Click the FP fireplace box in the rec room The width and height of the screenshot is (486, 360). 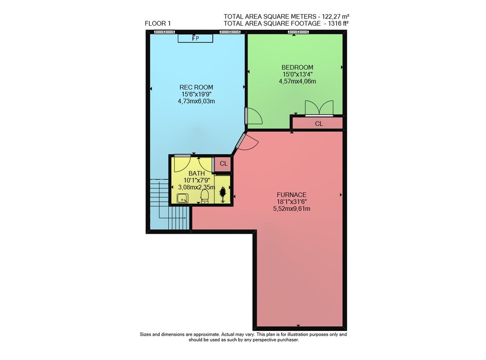click(195, 38)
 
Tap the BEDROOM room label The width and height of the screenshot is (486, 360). click(297, 67)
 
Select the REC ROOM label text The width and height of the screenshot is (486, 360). click(196, 87)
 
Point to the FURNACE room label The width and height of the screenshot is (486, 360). click(291, 195)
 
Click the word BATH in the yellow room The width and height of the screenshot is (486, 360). click(196, 173)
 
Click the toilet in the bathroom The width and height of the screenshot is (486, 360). click(205, 196)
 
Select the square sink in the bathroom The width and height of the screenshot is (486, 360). click(183, 198)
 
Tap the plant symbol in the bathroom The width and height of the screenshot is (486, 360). click(223, 194)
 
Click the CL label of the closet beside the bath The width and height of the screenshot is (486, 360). click(224, 163)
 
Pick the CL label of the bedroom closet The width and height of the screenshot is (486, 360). click(319, 123)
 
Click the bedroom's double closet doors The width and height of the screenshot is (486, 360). click(319, 108)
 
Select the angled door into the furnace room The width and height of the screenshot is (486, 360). click(245, 142)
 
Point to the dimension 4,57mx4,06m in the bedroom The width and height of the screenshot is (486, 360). click(297, 82)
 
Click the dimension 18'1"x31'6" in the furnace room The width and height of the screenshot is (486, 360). click(291, 202)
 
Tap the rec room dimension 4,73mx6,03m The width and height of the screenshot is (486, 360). click(196, 102)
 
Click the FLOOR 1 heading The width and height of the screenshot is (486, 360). click(157, 23)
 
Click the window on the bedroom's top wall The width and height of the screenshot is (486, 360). click(298, 32)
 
